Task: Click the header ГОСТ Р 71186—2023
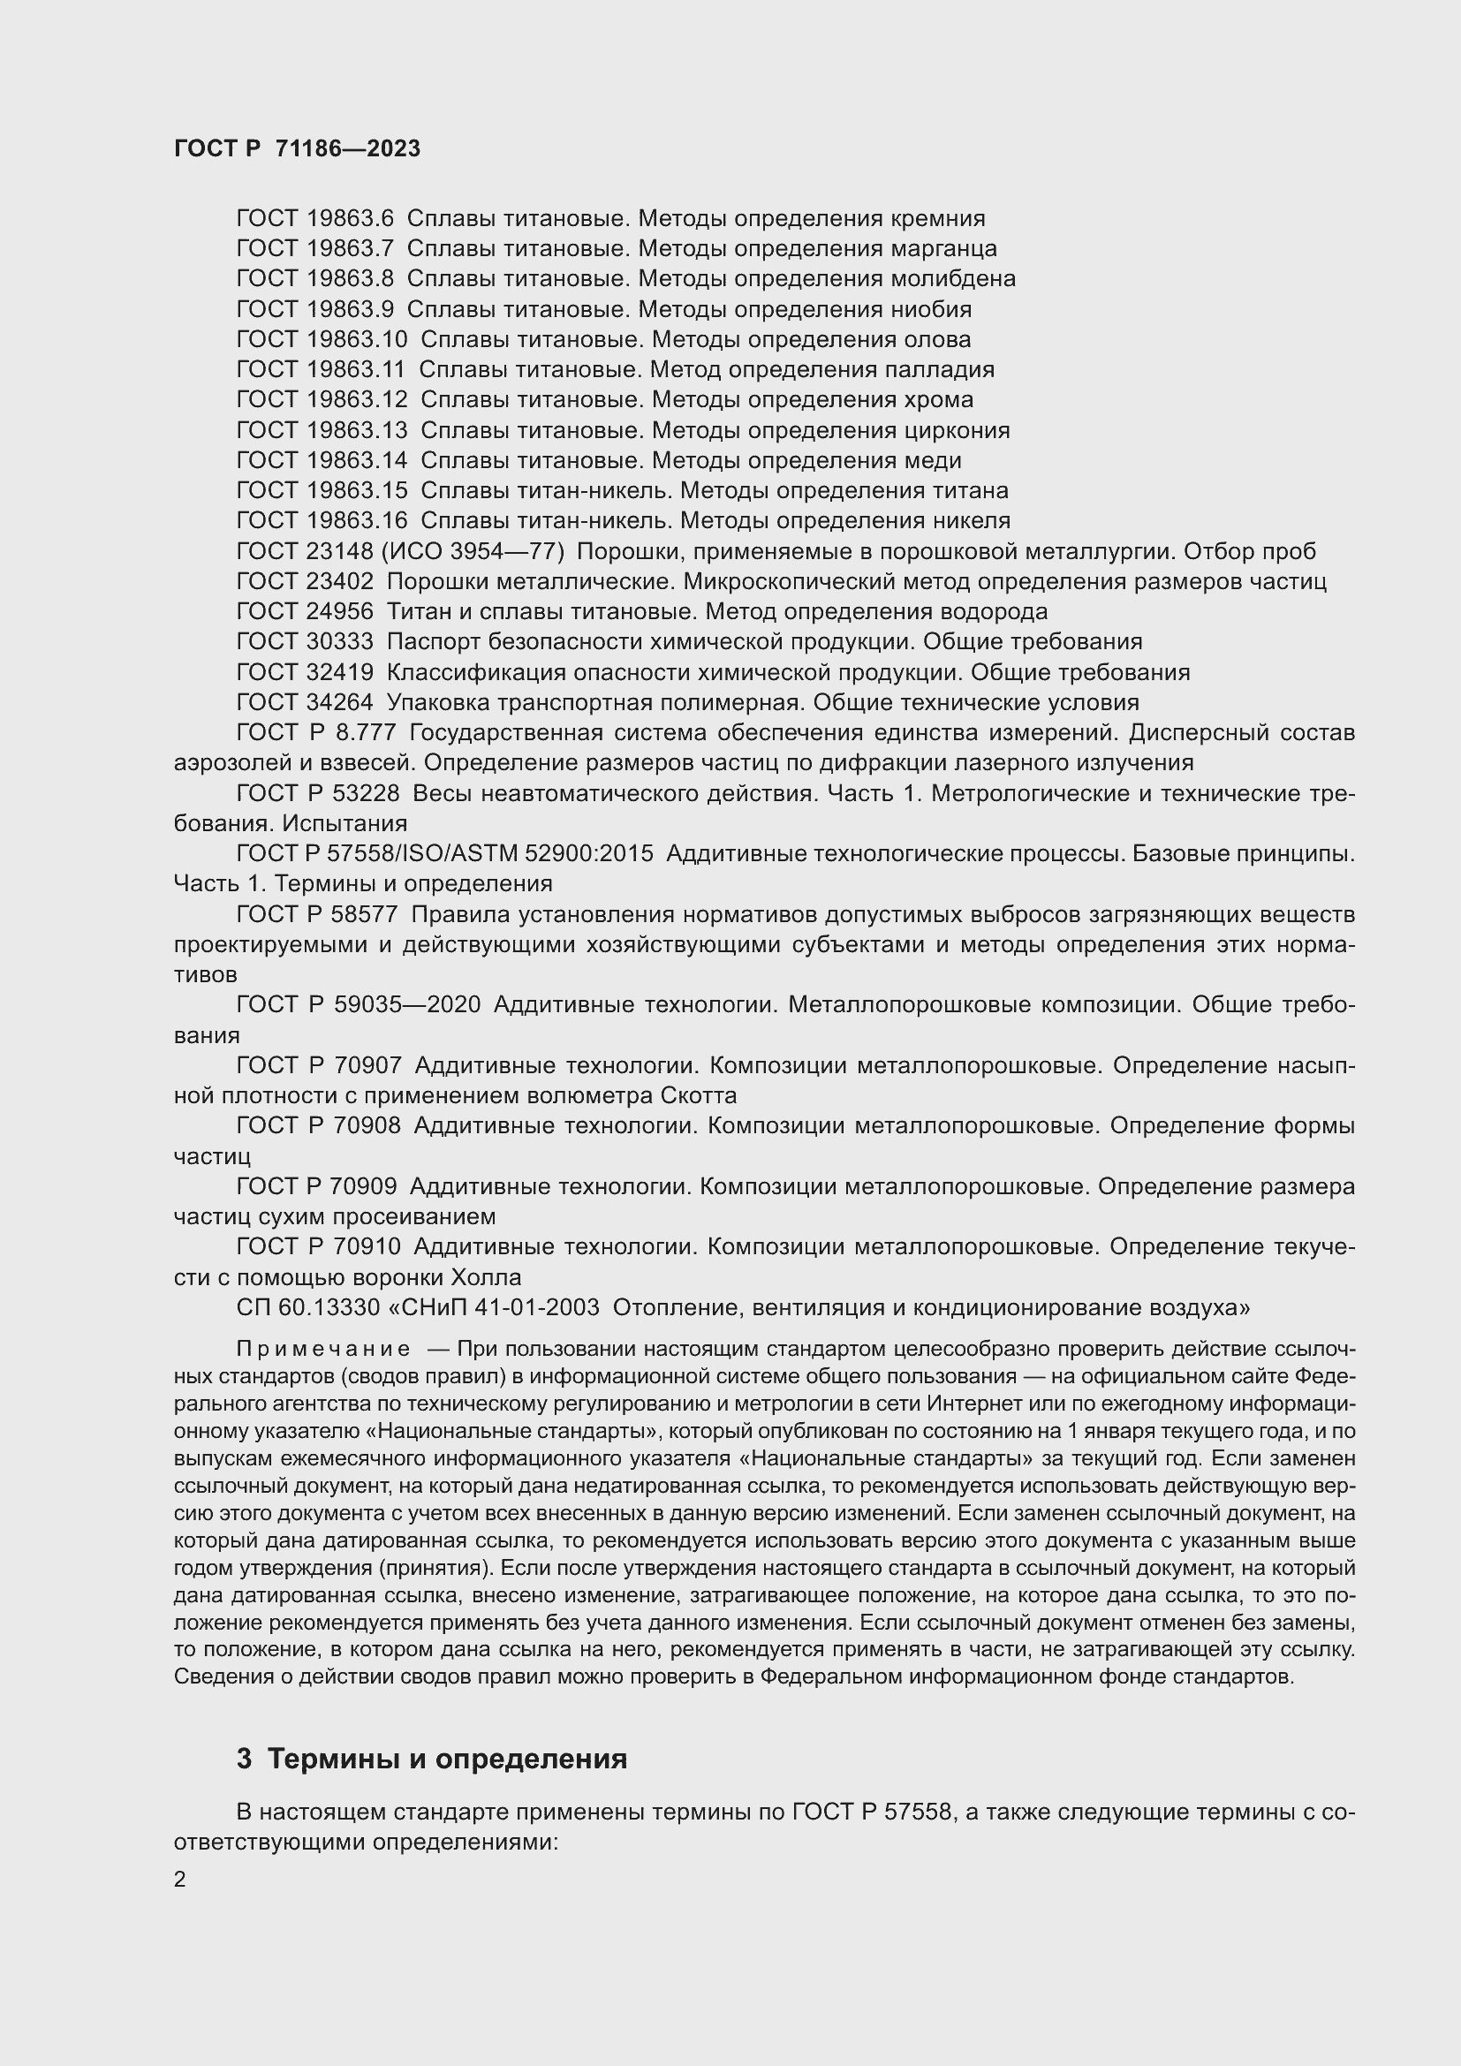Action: click(297, 148)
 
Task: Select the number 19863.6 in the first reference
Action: click(350, 219)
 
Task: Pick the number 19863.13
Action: click(356, 430)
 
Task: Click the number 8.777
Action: click(364, 733)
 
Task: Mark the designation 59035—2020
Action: click(406, 1005)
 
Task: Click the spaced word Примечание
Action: click(323, 1349)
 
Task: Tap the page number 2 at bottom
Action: click(180, 1879)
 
